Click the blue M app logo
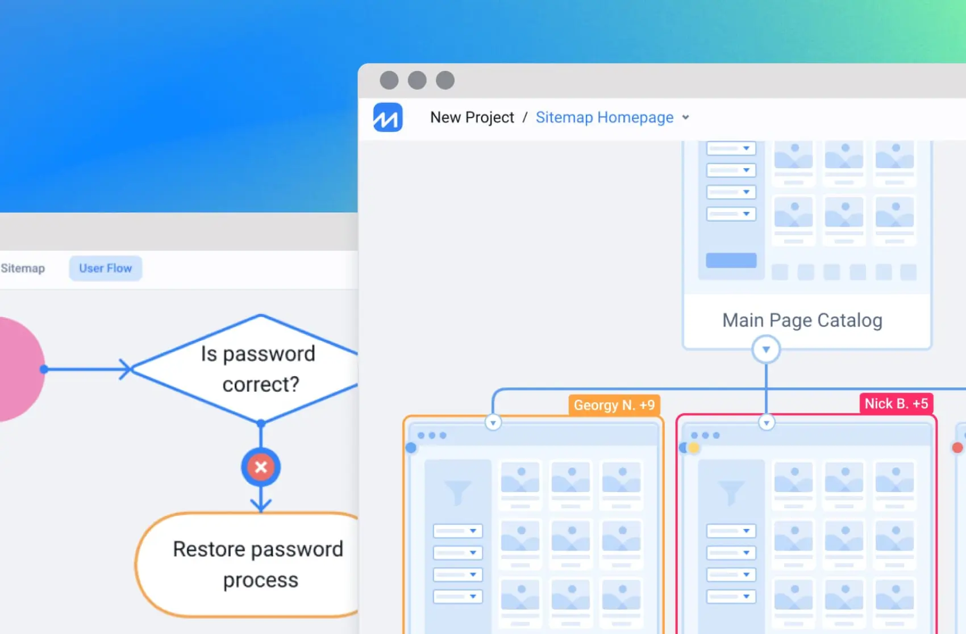click(x=388, y=117)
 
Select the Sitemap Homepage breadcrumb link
click(x=604, y=118)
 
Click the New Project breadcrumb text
click(x=472, y=118)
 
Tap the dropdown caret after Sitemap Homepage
click(x=686, y=118)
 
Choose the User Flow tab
click(x=105, y=268)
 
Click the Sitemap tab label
click(x=23, y=268)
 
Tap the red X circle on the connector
click(x=261, y=467)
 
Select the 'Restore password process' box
click(x=257, y=564)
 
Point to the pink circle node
click(x=17, y=369)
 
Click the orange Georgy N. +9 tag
click(x=614, y=405)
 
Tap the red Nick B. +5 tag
click(x=896, y=404)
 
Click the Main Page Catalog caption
click(x=802, y=320)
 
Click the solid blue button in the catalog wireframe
click(x=731, y=260)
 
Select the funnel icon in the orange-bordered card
click(x=457, y=492)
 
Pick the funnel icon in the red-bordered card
click(x=731, y=492)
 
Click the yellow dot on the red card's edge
click(x=694, y=448)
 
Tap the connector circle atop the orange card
click(x=493, y=423)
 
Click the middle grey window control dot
click(x=417, y=80)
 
